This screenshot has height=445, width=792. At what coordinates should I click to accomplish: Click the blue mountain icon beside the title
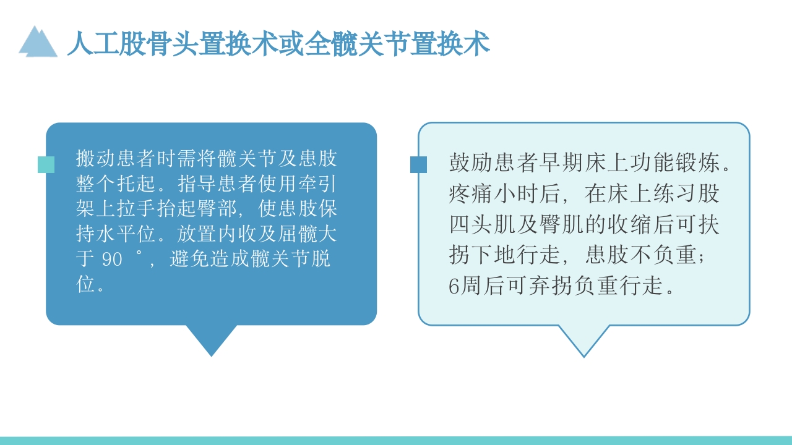pos(38,42)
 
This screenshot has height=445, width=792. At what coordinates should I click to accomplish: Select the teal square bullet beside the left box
pos(46,164)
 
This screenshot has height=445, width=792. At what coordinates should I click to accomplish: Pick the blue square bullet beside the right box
pos(418,164)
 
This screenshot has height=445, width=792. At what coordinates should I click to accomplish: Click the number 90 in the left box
pos(112,260)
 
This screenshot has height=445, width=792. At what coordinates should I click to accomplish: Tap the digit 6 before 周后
pos(455,286)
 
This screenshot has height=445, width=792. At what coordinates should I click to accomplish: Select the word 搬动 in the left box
pos(96,159)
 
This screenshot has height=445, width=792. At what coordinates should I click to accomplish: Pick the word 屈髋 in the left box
pos(296,234)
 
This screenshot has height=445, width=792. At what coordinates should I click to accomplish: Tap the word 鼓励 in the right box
pos(468,163)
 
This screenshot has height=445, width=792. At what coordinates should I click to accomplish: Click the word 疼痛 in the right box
pos(468,194)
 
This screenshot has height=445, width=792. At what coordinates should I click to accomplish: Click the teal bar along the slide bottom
pos(396,441)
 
